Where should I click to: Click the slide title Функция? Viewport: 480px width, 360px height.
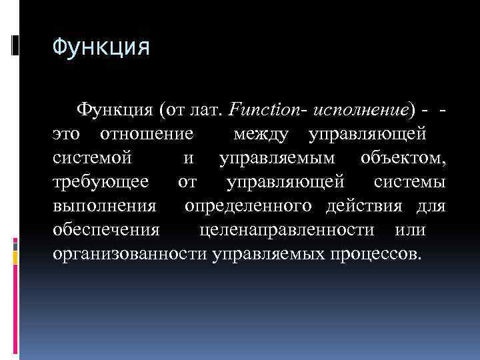(x=101, y=49)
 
